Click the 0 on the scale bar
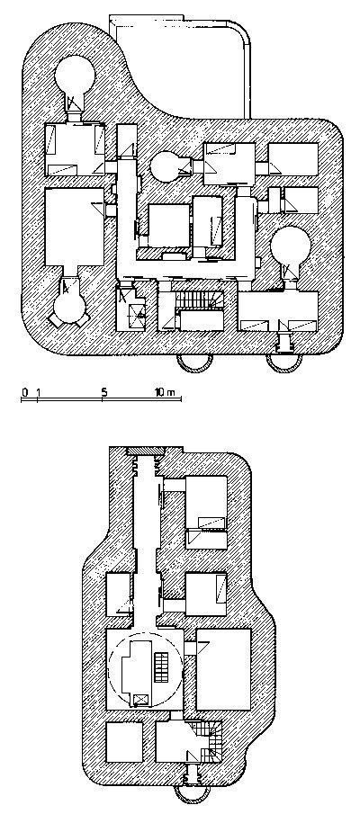click(24, 392)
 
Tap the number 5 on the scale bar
click(104, 392)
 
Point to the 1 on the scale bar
click(38, 392)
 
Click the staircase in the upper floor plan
click(200, 299)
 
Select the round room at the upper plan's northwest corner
click(75, 76)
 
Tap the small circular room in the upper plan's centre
click(166, 166)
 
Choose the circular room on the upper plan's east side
click(290, 248)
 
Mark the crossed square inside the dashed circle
click(140, 699)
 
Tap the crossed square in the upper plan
click(136, 312)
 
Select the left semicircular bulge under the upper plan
click(194, 364)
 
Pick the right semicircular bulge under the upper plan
click(284, 364)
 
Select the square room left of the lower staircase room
click(124, 742)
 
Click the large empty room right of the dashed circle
click(223, 669)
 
